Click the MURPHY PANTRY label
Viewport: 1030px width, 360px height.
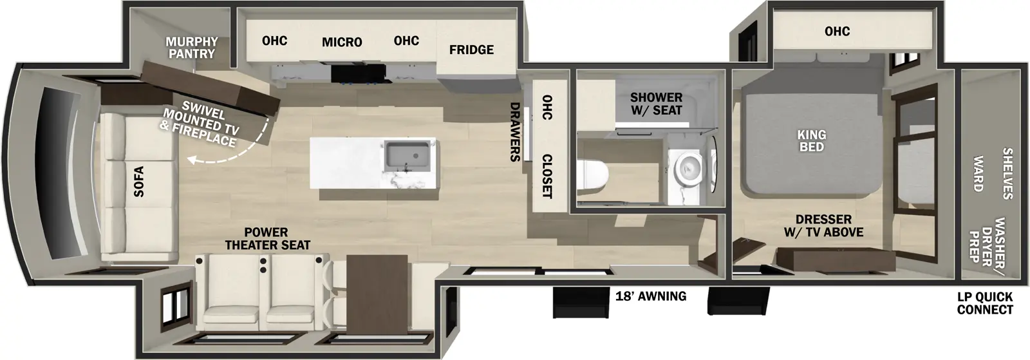[x=192, y=48]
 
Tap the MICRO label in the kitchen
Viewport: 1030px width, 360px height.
[x=342, y=43]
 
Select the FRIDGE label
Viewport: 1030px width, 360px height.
[x=471, y=50]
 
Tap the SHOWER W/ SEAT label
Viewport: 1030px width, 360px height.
[x=656, y=104]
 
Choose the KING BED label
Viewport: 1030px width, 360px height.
[x=811, y=140]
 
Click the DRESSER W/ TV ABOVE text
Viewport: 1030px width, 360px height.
[x=823, y=225]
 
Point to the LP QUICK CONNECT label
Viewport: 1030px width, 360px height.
[x=984, y=303]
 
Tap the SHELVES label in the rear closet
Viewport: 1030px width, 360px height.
[x=1007, y=173]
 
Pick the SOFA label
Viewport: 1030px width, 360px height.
[x=138, y=182]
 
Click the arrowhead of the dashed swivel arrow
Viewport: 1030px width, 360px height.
[x=191, y=160]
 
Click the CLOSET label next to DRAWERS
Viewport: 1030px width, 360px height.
[x=547, y=176]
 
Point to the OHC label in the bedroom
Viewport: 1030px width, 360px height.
[x=837, y=32]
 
